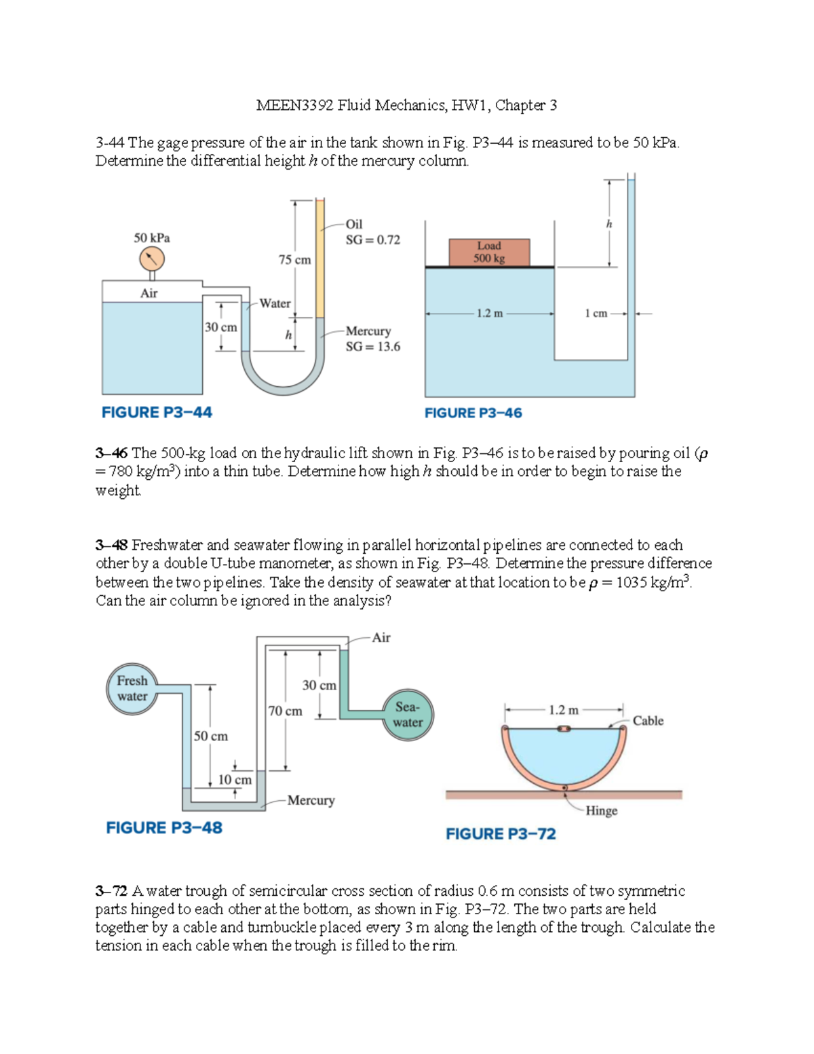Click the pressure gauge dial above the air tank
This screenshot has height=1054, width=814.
pos(152,259)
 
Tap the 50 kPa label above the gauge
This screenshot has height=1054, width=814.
pos(152,238)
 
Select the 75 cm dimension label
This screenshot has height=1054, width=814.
pos(294,260)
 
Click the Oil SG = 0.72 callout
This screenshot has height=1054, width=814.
pos(372,232)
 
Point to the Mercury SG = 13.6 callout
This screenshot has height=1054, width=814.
pos(372,339)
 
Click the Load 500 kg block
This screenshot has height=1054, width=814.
pos(489,252)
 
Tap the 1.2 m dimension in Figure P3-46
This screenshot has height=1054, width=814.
pos(489,314)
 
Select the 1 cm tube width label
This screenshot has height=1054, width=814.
pos(596,314)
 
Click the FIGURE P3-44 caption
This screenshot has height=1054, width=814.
pos(157,413)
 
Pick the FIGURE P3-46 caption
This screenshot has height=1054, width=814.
pos(473,413)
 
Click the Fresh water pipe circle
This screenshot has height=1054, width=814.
pos(132,689)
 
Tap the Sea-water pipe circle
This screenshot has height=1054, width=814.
pos(407,715)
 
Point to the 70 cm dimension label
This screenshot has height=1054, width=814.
pos(285,711)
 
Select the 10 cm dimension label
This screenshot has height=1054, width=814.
pos(235,780)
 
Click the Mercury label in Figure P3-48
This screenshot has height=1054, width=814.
pos(311,800)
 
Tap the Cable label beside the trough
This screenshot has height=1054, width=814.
pos(648,721)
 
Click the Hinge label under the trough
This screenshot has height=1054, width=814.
pos(601,810)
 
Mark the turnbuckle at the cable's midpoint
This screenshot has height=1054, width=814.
pos(564,729)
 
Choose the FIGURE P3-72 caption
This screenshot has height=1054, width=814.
pos(501,834)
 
